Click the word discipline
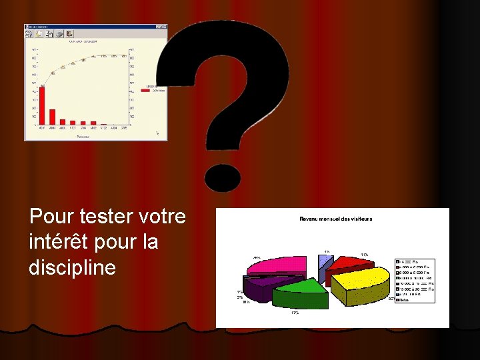coord(73,267)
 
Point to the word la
coord(150,242)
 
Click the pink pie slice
coord(280,265)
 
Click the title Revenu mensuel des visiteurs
coord(335,219)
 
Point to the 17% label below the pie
coord(294,313)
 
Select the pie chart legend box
coord(414,280)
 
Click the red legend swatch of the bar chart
coord(147,90)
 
